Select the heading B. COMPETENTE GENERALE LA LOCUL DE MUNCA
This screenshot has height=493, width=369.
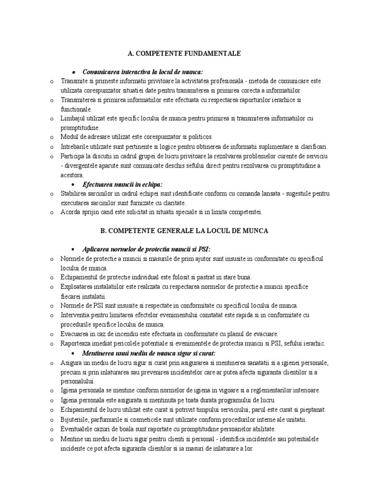tap(184, 231)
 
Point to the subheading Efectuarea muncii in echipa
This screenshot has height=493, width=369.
tap(123, 184)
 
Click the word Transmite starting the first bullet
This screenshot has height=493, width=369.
tap(75, 81)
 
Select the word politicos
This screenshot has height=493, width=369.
tap(198, 137)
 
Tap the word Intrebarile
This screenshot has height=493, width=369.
tap(75, 146)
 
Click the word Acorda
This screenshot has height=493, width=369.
tap(71, 212)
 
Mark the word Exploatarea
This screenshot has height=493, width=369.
tap(78, 287)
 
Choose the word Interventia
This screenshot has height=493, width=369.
tap(77, 315)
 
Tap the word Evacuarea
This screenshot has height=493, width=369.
tap(75, 334)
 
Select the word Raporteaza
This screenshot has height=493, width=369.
tap(77, 343)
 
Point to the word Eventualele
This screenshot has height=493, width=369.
tap(77, 428)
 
